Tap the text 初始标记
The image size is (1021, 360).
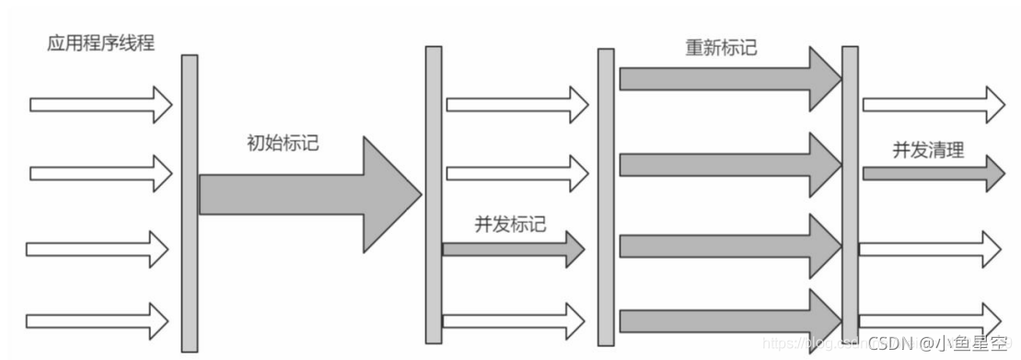(x=284, y=145)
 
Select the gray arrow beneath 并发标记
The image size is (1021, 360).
(x=512, y=249)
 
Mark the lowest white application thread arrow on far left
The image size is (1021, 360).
(x=97, y=320)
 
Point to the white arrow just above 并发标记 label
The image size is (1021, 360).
(x=515, y=173)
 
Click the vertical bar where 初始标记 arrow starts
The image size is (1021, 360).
(x=189, y=203)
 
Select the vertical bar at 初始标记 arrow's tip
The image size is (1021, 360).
(x=434, y=194)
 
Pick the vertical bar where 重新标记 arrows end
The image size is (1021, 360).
(x=850, y=193)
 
